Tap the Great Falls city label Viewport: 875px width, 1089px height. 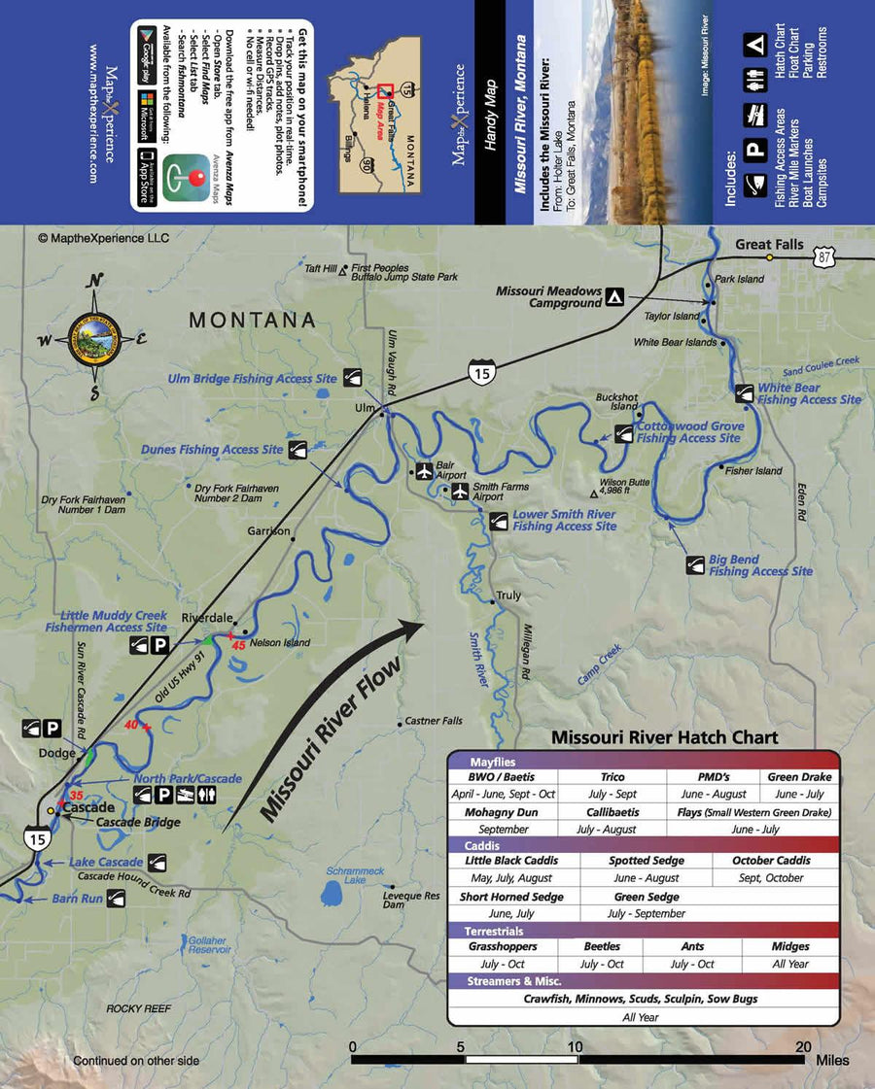[769, 244]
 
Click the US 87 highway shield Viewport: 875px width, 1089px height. [824, 256]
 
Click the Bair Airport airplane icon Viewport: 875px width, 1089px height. [423, 471]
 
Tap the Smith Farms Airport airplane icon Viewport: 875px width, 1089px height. [460, 491]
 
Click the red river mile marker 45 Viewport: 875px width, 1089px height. [238, 644]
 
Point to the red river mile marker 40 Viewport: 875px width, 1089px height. [133, 724]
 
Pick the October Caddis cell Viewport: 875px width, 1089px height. [772, 861]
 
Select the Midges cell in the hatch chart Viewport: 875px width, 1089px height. [790, 946]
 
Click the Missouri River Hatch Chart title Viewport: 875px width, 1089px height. [664, 737]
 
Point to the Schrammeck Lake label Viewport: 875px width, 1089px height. [346, 874]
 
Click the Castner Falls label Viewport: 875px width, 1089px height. [435, 721]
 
